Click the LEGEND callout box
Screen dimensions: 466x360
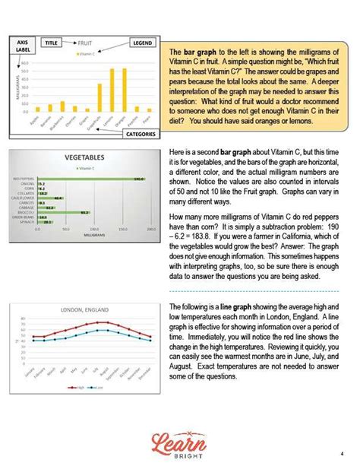[x=142, y=43]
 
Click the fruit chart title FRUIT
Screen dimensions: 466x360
[x=84, y=44]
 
